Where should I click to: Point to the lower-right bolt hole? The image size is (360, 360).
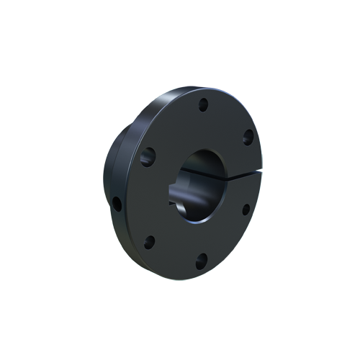(246, 210)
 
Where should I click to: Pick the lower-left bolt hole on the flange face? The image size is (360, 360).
(149, 242)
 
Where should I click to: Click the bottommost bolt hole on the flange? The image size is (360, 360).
(202, 260)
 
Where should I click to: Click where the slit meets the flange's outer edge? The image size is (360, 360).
(261, 170)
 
